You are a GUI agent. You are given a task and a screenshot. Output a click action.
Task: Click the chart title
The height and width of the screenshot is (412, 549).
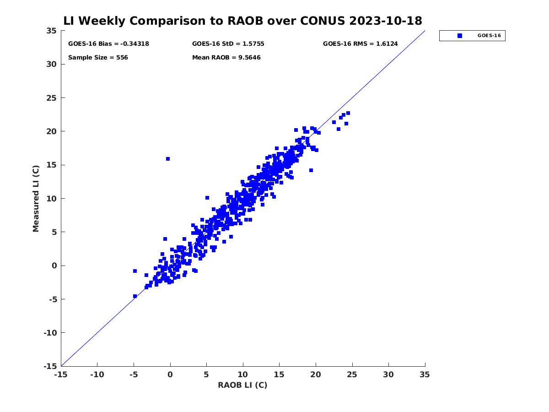click(x=242, y=21)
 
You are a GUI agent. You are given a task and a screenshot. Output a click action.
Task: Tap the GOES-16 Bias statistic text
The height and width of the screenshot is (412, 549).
click(x=108, y=44)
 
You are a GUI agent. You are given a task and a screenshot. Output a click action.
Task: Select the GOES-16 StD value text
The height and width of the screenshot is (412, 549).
click(x=228, y=44)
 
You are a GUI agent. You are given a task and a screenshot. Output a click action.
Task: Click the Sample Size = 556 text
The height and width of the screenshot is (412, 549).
click(x=98, y=58)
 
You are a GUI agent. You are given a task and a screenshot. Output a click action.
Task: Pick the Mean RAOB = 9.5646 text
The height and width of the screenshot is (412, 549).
click(x=226, y=58)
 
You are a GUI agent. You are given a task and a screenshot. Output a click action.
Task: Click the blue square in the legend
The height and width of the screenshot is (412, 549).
click(x=460, y=36)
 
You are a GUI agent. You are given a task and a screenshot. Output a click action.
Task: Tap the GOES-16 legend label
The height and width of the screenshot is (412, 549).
click(x=489, y=36)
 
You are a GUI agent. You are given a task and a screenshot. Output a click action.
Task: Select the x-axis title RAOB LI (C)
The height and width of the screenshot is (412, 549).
click(x=242, y=385)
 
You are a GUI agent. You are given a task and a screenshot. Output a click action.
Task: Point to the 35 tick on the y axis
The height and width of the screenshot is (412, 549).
click(x=52, y=31)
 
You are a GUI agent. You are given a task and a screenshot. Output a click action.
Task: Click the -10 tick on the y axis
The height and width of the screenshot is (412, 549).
click(x=50, y=333)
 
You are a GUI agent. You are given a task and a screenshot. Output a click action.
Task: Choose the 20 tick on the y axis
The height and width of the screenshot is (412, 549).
click(x=52, y=131)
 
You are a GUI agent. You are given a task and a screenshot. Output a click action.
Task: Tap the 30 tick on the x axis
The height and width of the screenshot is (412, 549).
click(x=388, y=374)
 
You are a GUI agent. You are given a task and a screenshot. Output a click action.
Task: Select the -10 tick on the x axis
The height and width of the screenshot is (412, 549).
click(x=97, y=374)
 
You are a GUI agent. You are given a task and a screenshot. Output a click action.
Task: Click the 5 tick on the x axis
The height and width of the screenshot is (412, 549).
click(x=206, y=374)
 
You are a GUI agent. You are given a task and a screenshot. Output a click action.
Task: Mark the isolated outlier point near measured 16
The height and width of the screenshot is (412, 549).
click(x=168, y=159)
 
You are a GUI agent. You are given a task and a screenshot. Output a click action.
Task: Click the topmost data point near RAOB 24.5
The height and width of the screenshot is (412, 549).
click(x=348, y=113)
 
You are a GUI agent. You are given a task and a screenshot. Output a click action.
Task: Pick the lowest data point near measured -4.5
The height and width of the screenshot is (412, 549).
click(x=135, y=296)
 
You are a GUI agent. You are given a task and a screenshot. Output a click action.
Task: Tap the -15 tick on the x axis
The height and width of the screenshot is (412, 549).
click(x=60, y=374)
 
